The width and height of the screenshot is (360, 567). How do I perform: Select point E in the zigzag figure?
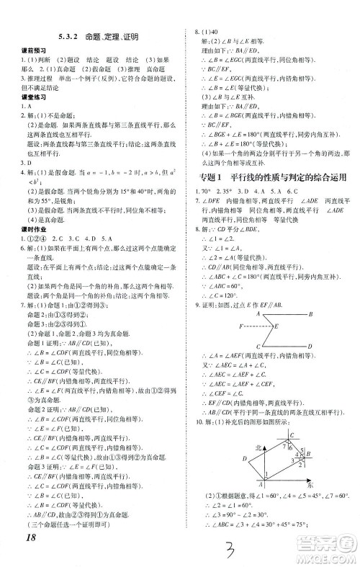(274, 326)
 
